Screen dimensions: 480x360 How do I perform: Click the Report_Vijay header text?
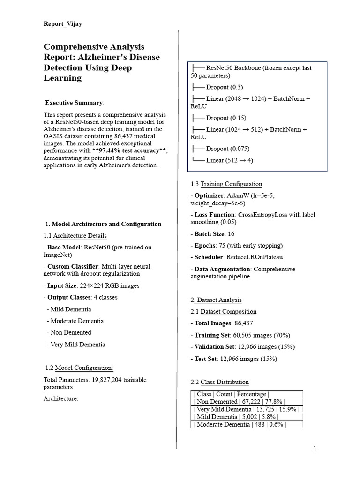pos(62,24)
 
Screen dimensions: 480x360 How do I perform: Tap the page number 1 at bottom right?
pos(315,448)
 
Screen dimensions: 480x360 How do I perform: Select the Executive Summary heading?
pos(74,103)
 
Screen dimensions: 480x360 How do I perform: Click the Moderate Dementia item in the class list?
pos(75,321)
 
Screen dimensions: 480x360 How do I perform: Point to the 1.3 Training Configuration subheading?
pos(226,184)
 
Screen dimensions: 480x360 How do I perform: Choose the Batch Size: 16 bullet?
pos(212,233)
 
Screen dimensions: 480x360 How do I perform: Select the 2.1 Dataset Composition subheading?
pos(223,311)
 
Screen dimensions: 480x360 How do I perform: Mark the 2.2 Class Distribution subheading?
pos(219,382)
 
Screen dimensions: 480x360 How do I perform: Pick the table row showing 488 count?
pos(239,424)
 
